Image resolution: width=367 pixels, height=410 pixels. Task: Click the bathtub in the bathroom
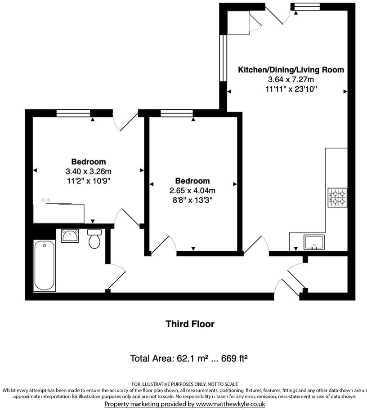(x=45, y=265)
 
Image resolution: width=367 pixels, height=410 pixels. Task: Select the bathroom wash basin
(x=70, y=236)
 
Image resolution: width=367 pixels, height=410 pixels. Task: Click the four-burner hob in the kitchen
(x=338, y=197)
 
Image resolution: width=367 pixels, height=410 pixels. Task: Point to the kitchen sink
(x=314, y=242)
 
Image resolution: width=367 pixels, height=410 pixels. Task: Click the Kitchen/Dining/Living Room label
(x=291, y=70)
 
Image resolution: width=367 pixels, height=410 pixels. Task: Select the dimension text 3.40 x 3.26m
(x=89, y=171)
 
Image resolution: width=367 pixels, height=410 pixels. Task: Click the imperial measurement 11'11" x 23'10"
(x=291, y=89)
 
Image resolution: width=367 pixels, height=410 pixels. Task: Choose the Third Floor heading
(x=190, y=324)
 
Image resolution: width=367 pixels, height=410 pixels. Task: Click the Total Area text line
(x=189, y=358)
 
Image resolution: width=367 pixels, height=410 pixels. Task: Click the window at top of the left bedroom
(x=73, y=113)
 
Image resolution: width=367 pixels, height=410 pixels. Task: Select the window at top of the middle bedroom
(x=176, y=113)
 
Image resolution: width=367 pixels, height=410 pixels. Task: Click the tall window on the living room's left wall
(x=223, y=58)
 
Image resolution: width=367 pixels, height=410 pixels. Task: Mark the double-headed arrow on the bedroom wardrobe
(x=45, y=200)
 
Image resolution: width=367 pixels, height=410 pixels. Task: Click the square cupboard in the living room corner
(x=237, y=22)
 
